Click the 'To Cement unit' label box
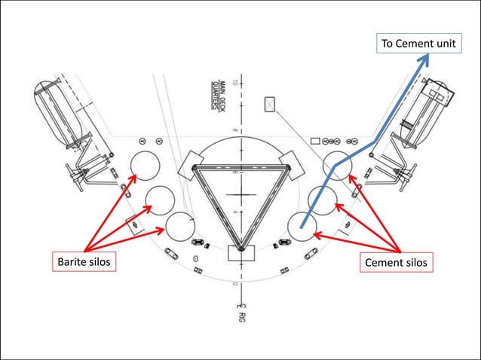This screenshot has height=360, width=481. point(418,44)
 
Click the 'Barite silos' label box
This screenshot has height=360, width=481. point(84,262)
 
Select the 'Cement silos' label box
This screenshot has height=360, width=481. point(397,262)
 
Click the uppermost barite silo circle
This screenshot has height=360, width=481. point(144,165)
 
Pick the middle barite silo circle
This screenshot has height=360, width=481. point(160,200)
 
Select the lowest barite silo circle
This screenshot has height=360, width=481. point(180,227)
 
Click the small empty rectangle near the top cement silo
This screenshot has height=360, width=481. point(316,140)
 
